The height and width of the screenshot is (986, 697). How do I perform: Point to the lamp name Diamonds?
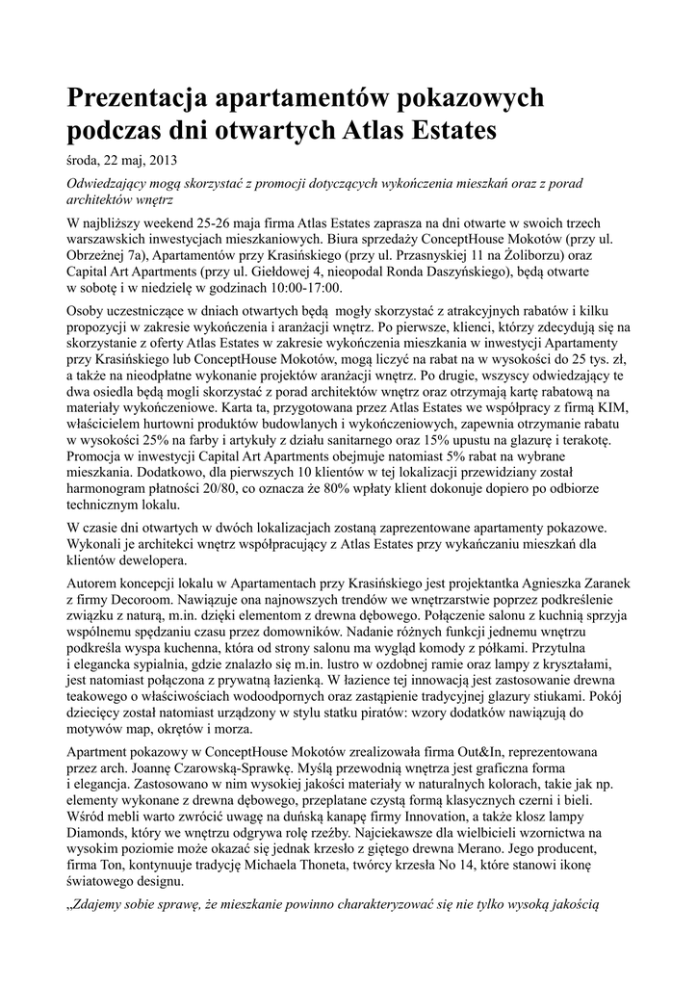[98, 832]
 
